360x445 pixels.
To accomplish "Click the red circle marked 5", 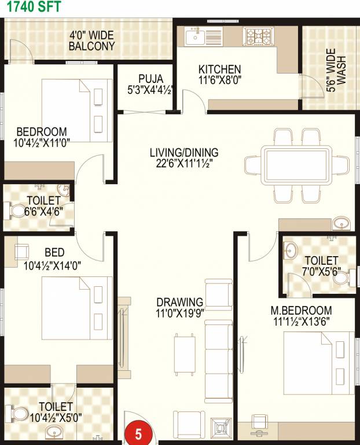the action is [138, 433].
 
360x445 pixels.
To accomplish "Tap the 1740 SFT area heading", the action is [34, 6].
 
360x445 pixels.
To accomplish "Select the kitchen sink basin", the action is [195, 37].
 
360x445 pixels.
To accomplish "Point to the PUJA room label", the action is [150, 79].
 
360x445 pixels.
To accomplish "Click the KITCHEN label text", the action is [220, 70].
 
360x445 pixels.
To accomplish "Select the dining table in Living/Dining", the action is [296, 165].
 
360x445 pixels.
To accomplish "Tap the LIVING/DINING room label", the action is [184, 152].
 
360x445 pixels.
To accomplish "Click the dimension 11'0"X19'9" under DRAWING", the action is [180, 313].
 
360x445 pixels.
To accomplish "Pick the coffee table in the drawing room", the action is [185, 354].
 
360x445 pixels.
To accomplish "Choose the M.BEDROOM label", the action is [301, 310].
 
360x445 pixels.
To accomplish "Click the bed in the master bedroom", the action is [319, 363].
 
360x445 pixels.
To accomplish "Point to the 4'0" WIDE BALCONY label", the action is [92, 41].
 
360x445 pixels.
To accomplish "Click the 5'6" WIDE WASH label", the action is [336, 70].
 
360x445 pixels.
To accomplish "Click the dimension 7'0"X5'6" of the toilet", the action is [321, 272].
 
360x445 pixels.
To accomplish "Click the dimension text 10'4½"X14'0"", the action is [52, 266].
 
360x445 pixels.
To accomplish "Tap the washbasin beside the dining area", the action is [341, 223].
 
